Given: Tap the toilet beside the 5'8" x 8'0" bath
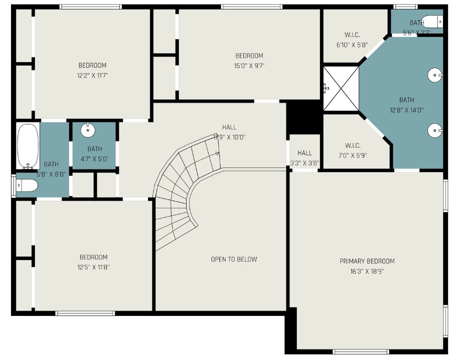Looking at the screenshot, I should [26, 186].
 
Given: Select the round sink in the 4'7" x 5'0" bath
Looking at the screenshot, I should [88, 130].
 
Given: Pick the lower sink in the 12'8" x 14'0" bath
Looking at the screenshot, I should [434, 131].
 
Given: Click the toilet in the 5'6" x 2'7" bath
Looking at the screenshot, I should [432, 22].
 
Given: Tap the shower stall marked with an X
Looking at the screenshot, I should [341, 89].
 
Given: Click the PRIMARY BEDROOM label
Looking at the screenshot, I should [367, 261].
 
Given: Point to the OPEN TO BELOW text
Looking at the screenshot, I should [234, 259].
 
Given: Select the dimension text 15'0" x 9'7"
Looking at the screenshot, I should [249, 65].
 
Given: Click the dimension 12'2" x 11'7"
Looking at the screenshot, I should [92, 75].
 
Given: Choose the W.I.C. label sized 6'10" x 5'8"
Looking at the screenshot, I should [352, 35].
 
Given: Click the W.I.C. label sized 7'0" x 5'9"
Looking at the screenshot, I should [352, 145].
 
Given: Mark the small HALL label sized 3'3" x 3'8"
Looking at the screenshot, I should [305, 153].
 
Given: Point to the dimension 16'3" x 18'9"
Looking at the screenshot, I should [367, 271].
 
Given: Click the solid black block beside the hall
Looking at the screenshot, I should [304, 116].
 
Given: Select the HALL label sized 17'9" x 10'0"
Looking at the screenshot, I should [229, 127].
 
